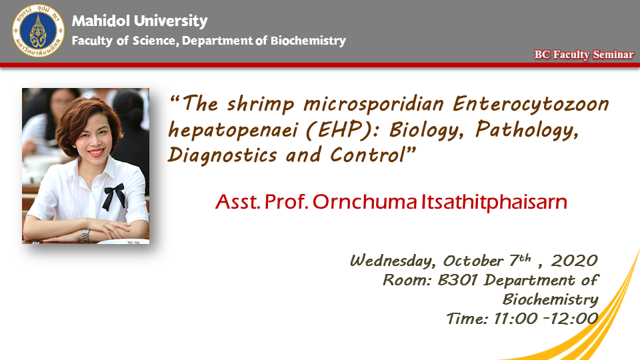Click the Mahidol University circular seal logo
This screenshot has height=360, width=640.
[39, 31]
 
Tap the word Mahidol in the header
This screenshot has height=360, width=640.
[101, 21]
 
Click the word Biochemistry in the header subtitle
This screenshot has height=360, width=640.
[308, 41]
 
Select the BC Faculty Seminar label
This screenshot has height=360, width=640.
[584, 54]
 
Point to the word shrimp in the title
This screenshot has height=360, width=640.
[261, 105]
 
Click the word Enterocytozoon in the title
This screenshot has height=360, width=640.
[531, 105]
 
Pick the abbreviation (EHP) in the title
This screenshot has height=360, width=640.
[343, 130]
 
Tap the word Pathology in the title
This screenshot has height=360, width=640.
[527, 131]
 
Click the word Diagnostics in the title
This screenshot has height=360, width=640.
[222, 156]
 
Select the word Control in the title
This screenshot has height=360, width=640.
[367, 155]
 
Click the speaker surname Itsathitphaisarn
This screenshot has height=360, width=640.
[494, 202]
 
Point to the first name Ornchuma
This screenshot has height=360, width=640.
[365, 202]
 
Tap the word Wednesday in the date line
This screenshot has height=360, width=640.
[393, 261]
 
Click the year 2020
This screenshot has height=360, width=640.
[574, 261]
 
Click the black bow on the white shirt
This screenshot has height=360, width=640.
[114, 196]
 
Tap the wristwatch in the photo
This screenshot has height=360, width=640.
[85, 235]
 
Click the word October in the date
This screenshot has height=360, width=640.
[473, 261]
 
